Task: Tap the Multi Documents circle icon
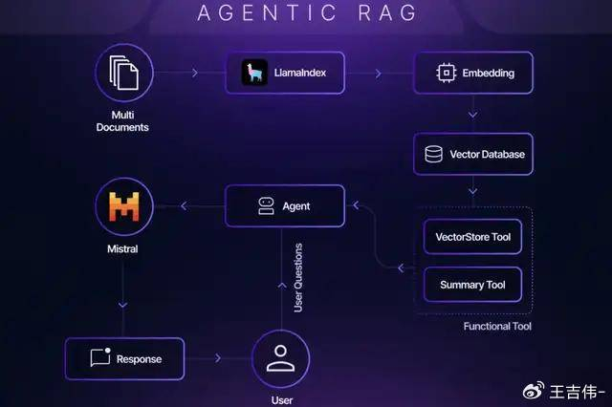pos(124,73)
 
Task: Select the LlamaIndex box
pos(284,73)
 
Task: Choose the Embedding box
pos(472,73)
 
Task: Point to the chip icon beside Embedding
pos(444,73)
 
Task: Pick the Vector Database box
pos(472,154)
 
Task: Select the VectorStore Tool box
pos(472,235)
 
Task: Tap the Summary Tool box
pos(472,285)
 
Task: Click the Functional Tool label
pos(497,327)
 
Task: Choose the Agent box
pos(284,205)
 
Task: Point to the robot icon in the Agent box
pos(267,205)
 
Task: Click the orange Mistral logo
pos(124,206)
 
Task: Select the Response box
pos(124,358)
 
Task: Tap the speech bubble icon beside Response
pos(100,358)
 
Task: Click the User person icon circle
pos(280,359)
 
